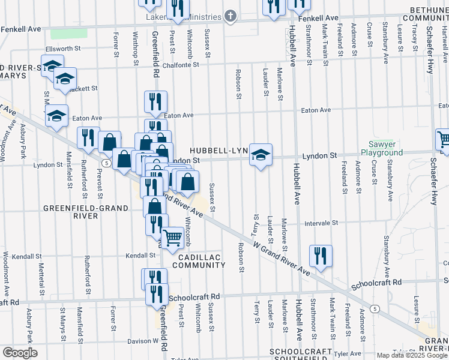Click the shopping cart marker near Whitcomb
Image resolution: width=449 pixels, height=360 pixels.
pos(173,237)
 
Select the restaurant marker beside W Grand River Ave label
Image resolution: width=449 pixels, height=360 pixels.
pos(321,255)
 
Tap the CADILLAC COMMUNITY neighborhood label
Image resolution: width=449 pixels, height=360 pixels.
pos(197,260)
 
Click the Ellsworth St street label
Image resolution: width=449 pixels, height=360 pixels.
pos(63,49)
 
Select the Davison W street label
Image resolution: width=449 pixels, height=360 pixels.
pos(142,341)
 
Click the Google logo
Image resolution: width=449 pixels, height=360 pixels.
pos(20,353)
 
